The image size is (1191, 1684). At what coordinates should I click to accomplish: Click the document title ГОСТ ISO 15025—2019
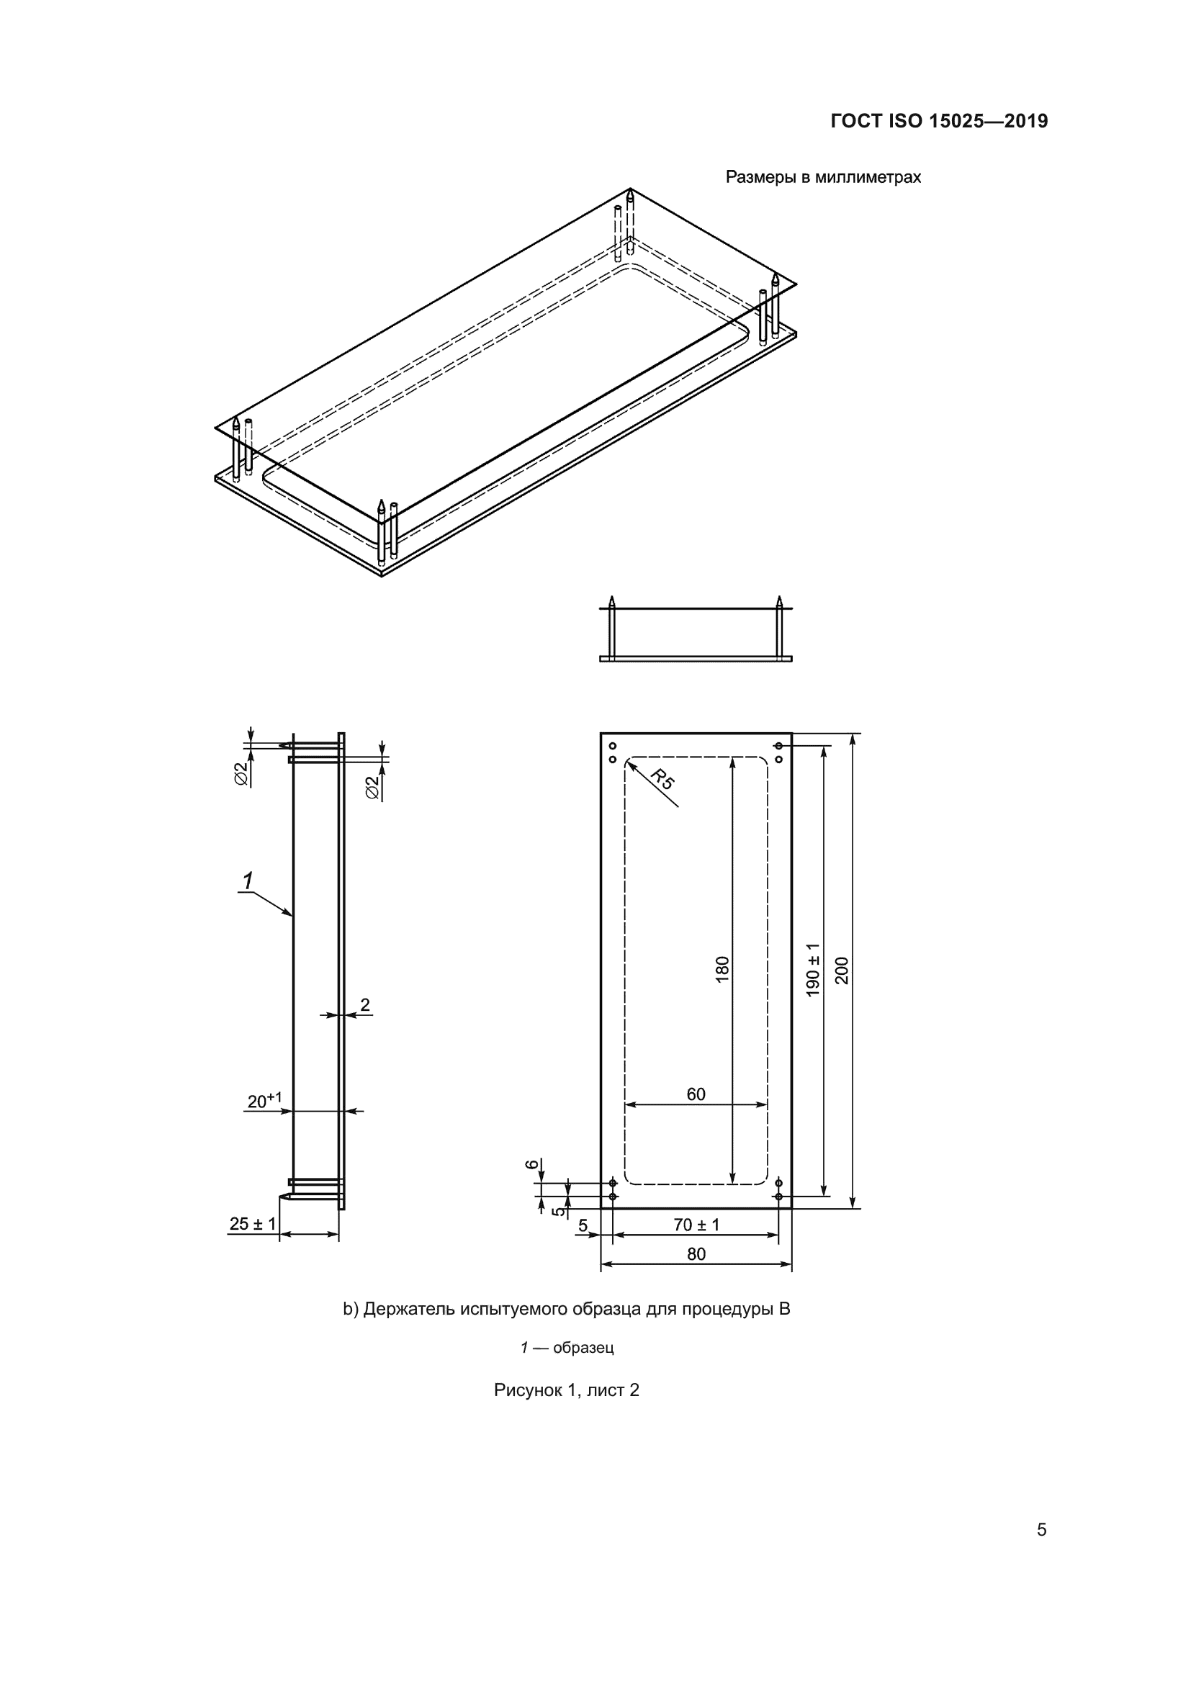point(940,121)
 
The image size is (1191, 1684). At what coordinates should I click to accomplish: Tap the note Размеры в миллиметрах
point(823,178)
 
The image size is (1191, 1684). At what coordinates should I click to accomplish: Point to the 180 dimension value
point(722,970)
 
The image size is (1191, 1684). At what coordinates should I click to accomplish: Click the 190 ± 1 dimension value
point(813,970)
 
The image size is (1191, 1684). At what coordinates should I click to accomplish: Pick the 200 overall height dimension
point(842,971)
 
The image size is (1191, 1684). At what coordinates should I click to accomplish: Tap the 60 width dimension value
point(696,1094)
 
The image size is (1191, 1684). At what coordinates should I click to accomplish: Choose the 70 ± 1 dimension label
point(697,1225)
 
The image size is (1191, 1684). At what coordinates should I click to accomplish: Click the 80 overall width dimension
point(696,1254)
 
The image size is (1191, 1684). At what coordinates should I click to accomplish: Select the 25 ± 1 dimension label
point(253,1224)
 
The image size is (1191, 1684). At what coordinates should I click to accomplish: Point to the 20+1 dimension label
point(265,1100)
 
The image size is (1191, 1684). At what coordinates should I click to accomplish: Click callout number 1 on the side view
point(248,881)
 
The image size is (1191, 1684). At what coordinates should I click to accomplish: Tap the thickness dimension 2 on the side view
point(365,1005)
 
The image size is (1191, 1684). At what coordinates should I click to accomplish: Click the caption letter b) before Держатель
point(351,1309)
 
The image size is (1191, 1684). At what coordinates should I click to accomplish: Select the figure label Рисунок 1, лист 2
point(567,1390)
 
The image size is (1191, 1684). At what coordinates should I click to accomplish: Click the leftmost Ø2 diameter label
point(241,775)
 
